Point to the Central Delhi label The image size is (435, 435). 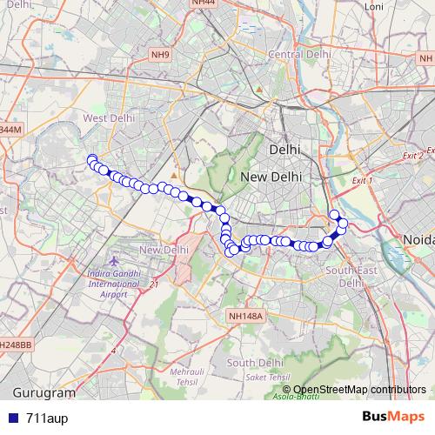(300, 54)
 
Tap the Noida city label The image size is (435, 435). (418, 238)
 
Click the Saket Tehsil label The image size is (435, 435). (266, 377)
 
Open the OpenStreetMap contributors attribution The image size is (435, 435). (360, 389)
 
